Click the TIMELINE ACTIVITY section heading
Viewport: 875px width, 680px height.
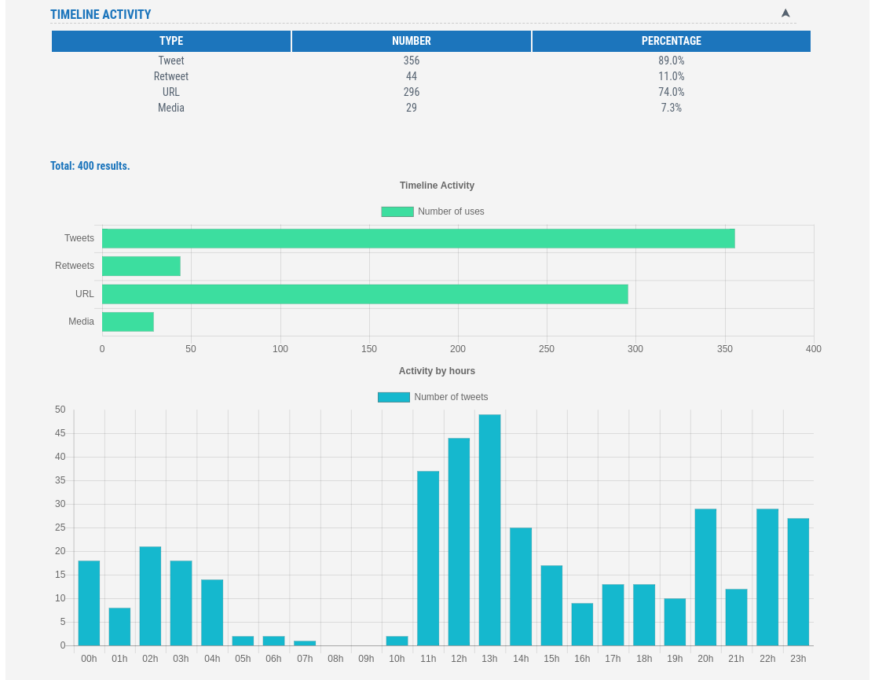101,14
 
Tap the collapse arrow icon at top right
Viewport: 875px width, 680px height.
785,13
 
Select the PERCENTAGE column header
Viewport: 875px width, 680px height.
671,41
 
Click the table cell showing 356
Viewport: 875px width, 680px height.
412,61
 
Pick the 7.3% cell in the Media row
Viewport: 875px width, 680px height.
671,108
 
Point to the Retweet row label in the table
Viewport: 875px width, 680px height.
171,76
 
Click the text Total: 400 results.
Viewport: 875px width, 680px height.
90,166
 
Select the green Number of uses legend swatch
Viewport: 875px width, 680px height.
397,211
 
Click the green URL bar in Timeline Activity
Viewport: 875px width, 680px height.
364,294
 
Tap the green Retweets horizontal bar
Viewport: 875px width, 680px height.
141,266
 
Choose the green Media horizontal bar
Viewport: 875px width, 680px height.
128,322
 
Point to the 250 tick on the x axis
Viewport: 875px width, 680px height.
547,349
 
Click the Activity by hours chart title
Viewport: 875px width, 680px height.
437,371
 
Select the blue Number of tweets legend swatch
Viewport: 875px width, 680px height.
394,397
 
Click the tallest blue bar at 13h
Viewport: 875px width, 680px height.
489,530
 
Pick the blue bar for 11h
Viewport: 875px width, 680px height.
428,558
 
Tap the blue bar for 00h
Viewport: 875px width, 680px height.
89,603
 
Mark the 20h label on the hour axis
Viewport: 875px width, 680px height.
705,659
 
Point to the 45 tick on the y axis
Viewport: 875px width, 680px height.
60,433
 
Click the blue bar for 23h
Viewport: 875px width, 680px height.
798,582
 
